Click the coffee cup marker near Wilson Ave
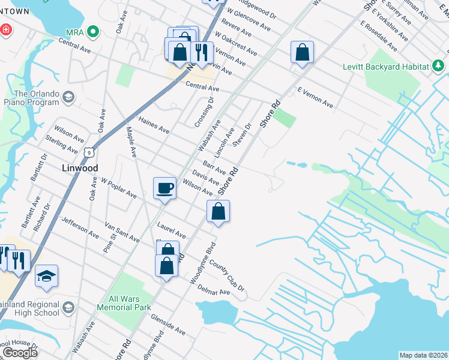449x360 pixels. [x=164, y=189]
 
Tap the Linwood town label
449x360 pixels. [x=80, y=168]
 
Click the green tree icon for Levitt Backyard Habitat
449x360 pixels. [x=439, y=65]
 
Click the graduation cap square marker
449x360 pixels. [x=46, y=277]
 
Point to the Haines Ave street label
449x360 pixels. [x=154, y=125]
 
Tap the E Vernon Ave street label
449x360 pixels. [x=315, y=97]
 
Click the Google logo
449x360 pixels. [x=20, y=352]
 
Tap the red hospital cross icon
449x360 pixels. [x=5, y=29]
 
